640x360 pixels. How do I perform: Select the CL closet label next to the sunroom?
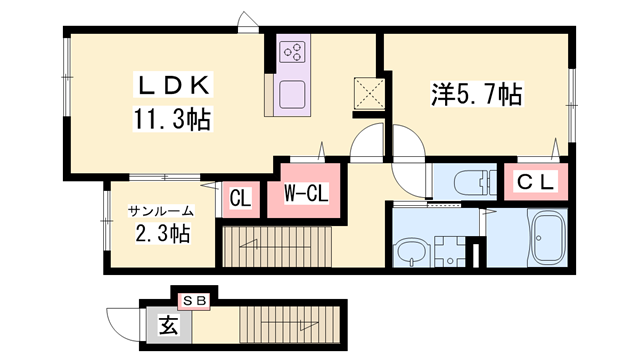[240, 197]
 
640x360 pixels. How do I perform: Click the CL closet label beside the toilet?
[536, 182]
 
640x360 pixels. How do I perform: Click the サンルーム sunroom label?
[160, 212]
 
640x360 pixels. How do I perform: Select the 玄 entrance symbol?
[166, 325]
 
